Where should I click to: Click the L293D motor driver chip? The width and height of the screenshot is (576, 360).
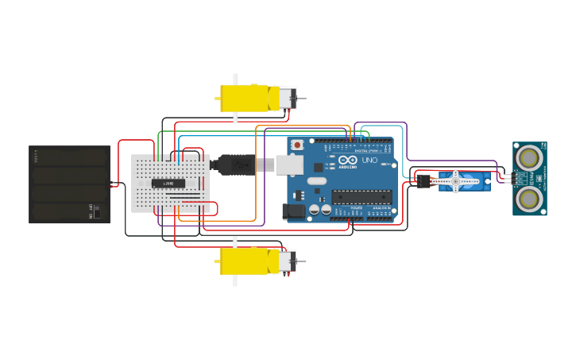pyautogui.click(x=169, y=184)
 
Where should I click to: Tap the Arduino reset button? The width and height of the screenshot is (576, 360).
pyautogui.click(x=297, y=145)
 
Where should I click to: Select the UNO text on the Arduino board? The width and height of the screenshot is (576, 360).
pyautogui.click(x=370, y=160)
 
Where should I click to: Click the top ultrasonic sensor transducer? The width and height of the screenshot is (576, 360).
pyautogui.click(x=527, y=158)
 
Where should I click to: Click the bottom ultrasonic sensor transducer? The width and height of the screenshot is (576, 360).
pyautogui.click(x=527, y=195)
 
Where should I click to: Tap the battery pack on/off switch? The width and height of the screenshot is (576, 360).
pyautogui.click(x=95, y=212)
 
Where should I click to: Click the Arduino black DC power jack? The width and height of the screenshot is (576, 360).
pyautogui.click(x=293, y=212)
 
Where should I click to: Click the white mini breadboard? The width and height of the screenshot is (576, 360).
pyautogui.click(x=170, y=184)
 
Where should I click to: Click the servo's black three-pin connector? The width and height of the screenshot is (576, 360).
pyautogui.click(x=423, y=181)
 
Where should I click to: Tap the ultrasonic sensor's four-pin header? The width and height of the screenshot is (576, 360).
pyautogui.click(x=506, y=177)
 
